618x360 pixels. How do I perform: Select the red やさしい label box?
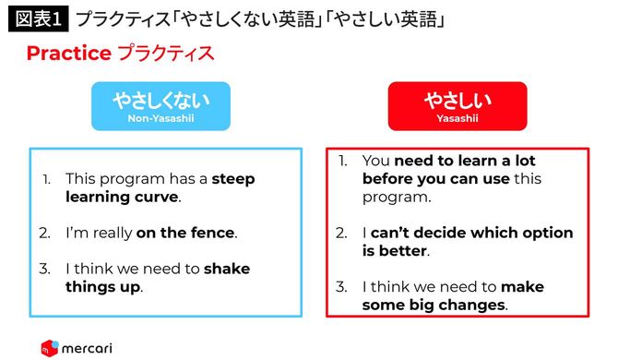[458, 105]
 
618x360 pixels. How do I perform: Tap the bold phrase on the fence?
[185, 233]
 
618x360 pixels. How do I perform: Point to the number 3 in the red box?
[342, 286]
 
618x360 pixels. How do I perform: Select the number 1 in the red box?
[342, 161]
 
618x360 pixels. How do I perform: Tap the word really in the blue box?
[109, 233]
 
